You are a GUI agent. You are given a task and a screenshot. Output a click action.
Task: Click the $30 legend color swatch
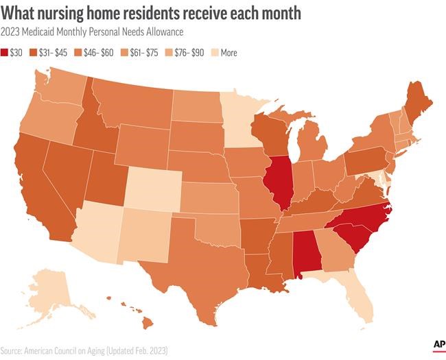coord(6,52)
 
